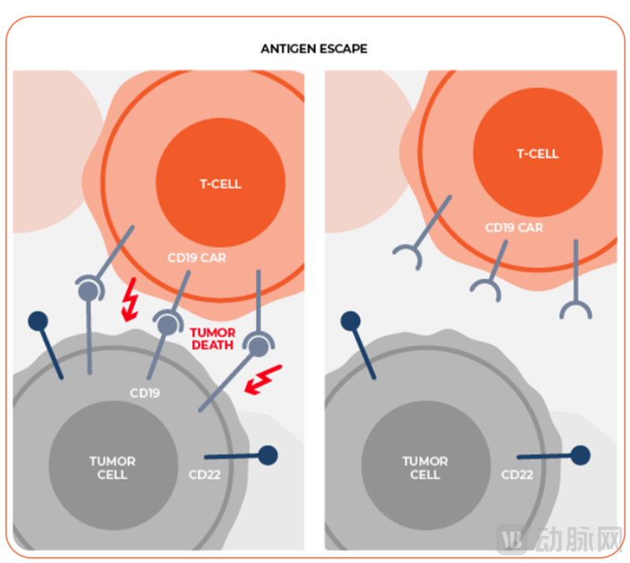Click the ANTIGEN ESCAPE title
(x=314, y=49)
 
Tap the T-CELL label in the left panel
(x=220, y=184)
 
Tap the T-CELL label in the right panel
(x=538, y=154)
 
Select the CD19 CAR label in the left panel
(x=197, y=257)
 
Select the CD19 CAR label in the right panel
(x=513, y=228)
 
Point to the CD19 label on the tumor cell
(x=145, y=391)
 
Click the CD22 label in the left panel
(x=206, y=475)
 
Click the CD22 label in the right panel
(x=517, y=475)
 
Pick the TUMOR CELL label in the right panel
(x=425, y=467)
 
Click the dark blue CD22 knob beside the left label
(x=268, y=455)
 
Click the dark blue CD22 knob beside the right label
(x=581, y=455)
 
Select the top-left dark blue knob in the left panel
(x=38, y=320)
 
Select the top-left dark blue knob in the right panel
(x=350, y=320)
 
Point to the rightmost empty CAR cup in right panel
(x=576, y=309)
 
